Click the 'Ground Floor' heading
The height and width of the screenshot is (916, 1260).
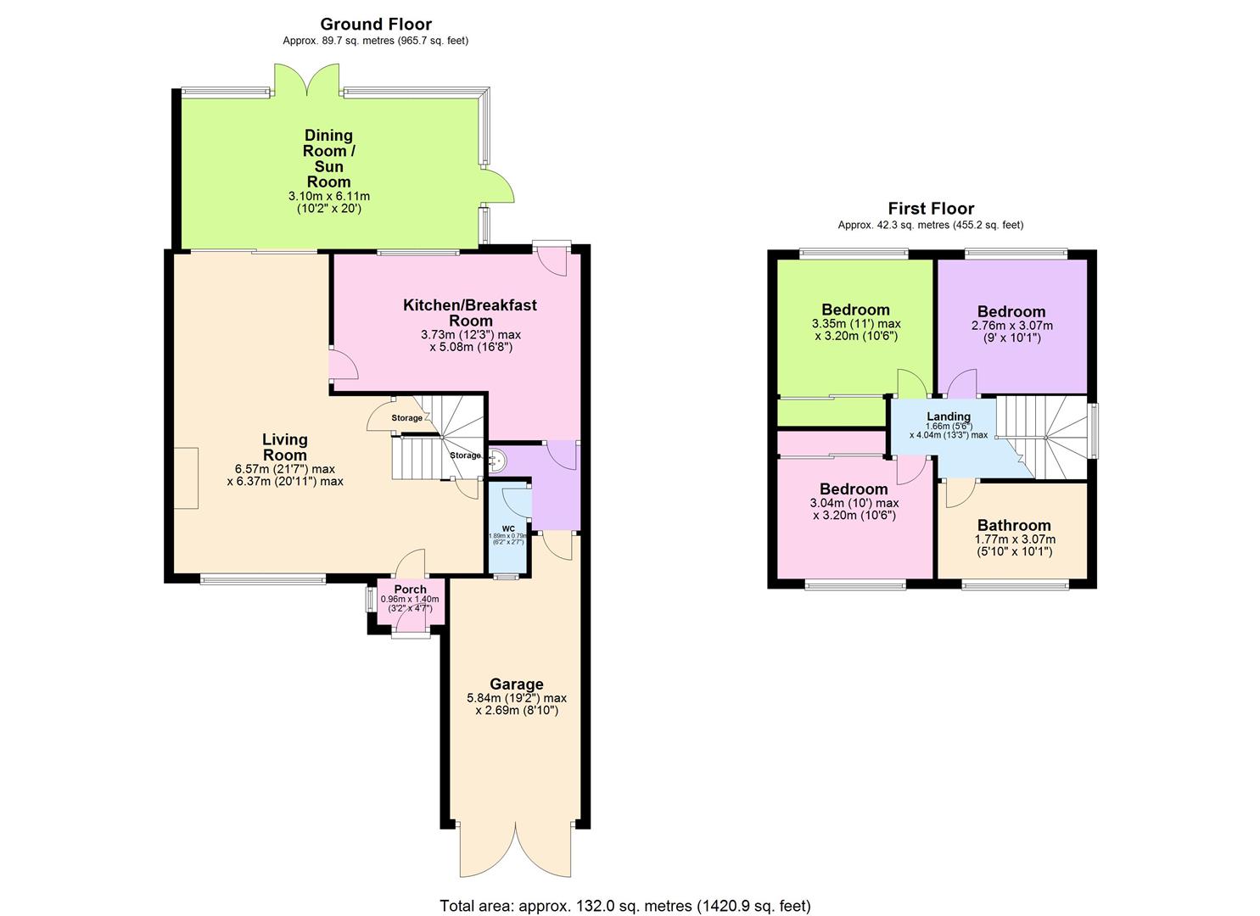(x=375, y=25)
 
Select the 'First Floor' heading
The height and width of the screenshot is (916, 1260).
(x=931, y=209)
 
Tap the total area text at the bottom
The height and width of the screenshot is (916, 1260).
(x=624, y=906)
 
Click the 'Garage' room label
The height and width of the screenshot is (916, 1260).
(x=516, y=684)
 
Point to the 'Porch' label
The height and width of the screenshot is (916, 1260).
(x=410, y=589)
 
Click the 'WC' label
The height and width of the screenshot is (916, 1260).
(x=507, y=528)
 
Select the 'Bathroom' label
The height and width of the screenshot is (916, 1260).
(x=1014, y=525)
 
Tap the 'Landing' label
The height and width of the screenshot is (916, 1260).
(x=948, y=416)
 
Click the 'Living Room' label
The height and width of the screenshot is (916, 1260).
(x=284, y=447)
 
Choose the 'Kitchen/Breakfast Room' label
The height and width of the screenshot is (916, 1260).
(x=469, y=312)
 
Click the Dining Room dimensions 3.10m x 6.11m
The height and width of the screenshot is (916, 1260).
(x=328, y=196)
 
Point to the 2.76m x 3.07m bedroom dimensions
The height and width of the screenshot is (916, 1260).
(x=1011, y=326)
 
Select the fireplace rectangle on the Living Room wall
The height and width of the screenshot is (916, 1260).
(x=186, y=478)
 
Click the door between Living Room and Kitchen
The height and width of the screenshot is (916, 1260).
(x=343, y=365)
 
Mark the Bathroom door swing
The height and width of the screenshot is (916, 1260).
(x=957, y=492)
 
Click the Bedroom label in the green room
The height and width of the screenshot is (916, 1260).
(x=855, y=310)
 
